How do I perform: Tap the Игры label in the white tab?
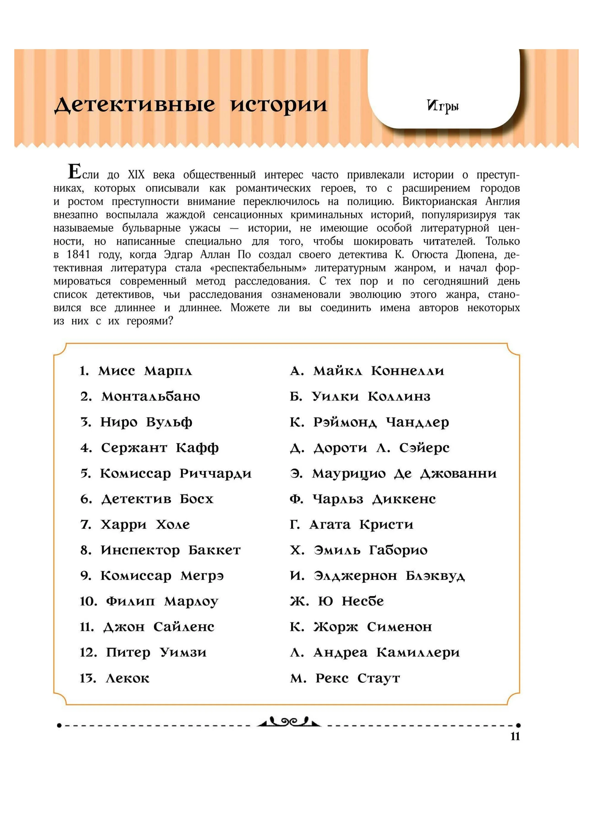[x=442, y=106]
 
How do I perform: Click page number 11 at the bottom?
[x=515, y=736]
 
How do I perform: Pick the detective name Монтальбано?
[x=151, y=397]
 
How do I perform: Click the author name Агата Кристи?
[x=361, y=525]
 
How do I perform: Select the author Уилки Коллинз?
[x=371, y=397]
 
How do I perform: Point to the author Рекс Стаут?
[x=358, y=678]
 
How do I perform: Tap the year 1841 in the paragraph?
[x=78, y=254]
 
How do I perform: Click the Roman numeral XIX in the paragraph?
[x=136, y=175]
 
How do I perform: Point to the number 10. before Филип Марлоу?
[x=88, y=602]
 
